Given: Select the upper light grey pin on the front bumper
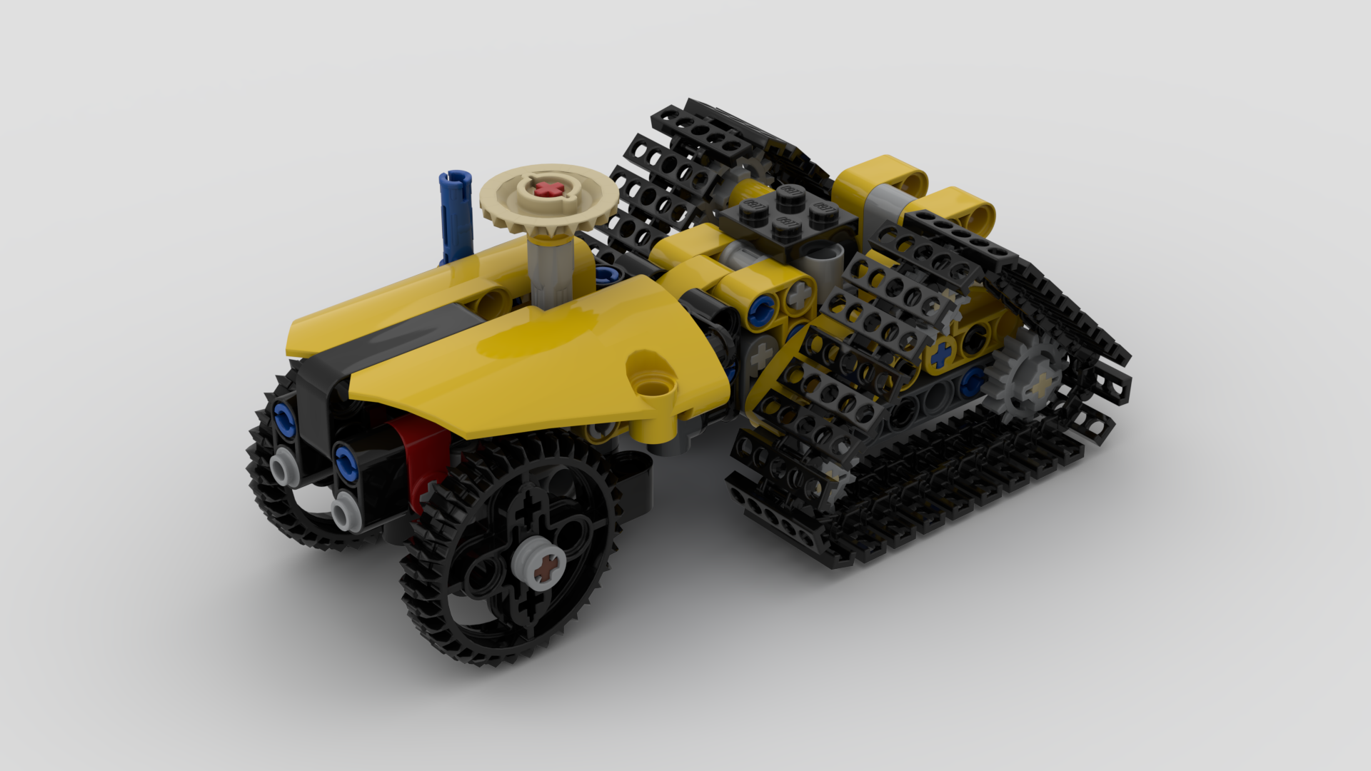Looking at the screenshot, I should tap(283, 467).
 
